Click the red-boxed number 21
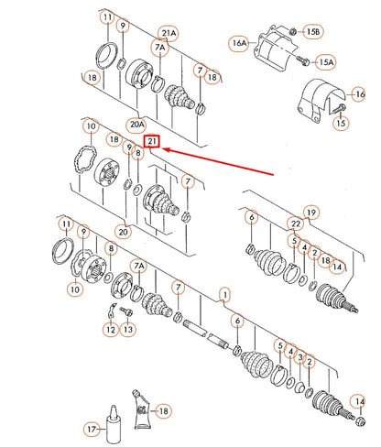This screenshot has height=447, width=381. [x=152, y=141]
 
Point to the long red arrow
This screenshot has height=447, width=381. [x=217, y=162]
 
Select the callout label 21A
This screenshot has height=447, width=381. [x=169, y=33]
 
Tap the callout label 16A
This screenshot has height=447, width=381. [x=239, y=43]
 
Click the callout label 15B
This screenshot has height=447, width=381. [x=313, y=31]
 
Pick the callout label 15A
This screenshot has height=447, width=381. [x=326, y=62]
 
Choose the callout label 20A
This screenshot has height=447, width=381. [x=136, y=125]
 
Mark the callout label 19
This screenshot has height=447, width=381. [x=311, y=213]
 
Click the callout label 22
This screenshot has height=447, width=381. [x=296, y=223]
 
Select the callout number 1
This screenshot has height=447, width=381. [x=225, y=295]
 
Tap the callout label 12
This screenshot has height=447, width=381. [x=111, y=330]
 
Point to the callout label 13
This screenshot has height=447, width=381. [x=128, y=330]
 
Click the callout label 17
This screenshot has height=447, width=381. [x=92, y=430]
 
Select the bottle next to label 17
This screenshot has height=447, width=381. [x=114, y=424]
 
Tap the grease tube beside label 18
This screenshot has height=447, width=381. [x=141, y=409]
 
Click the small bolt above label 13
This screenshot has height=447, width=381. [x=126, y=311]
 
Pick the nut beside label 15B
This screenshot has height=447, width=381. [x=292, y=31]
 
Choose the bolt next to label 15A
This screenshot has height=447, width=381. [x=303, y=60]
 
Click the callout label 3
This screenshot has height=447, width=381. [x=300, y=357]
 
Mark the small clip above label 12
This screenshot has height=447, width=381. [x=112, y=310]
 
